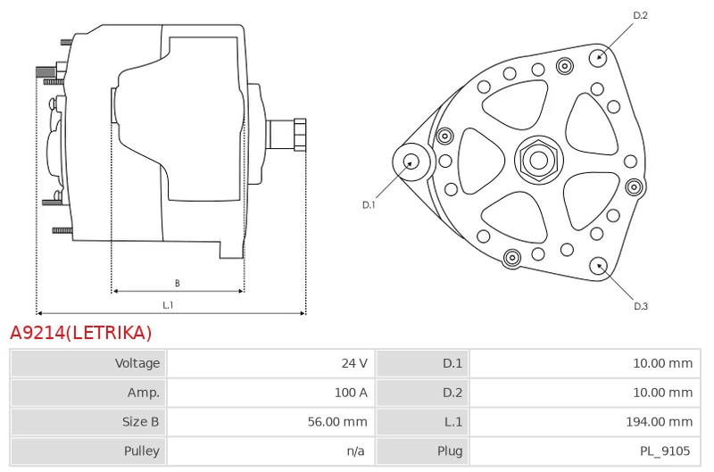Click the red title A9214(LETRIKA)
[80, 333]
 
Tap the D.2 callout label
[640, 15]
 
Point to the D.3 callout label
[641, 306]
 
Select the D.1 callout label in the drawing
[369, 205]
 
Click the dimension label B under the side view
[177, 283]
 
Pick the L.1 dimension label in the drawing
[168, 305]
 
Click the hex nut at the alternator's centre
[539, 160]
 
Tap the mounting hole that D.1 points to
[411, 161]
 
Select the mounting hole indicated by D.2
[599, 58]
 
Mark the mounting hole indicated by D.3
[598, 267]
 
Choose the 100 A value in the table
[351, 393]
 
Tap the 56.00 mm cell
[337, 421]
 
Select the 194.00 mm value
[660, 421]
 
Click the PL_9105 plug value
[665, 451]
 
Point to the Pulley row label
[142, 451]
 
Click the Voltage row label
[137, 363]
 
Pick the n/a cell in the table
[355, 451]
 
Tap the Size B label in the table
[140, 421]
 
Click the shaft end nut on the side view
[300, 134]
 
